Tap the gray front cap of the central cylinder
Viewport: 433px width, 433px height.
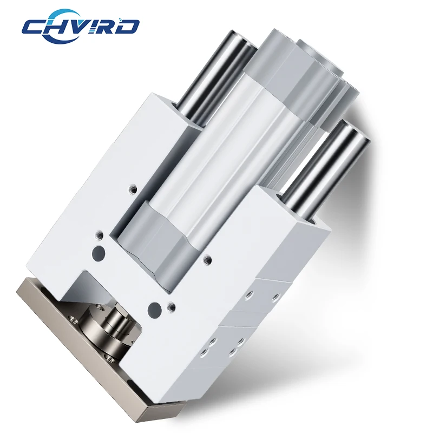coord(160,243)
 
